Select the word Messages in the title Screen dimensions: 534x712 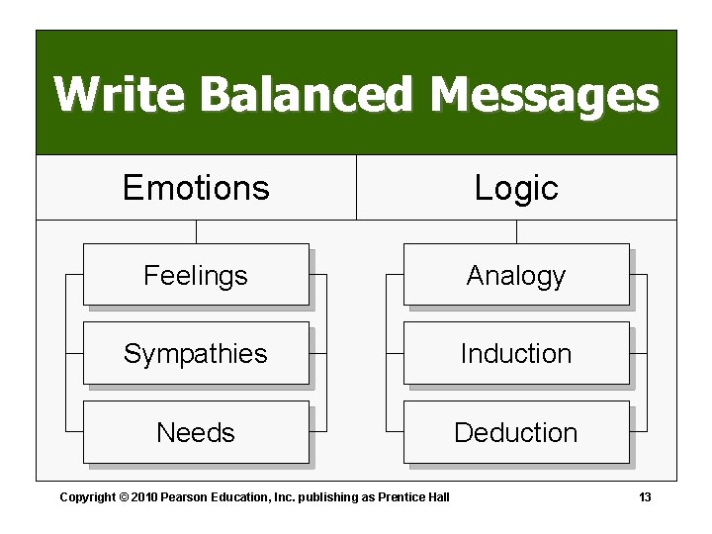[544, 96]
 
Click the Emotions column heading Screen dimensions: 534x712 [196, 187]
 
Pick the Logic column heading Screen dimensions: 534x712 [516, 187]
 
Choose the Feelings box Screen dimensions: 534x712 [196, 275]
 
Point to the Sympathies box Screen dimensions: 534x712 [196, 353]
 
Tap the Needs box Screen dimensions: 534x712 [196, 432]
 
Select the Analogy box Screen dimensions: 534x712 [516, 275]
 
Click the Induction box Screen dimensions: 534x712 [516, 353]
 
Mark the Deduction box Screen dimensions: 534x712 [516, 432]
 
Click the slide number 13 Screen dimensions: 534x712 [645, 496]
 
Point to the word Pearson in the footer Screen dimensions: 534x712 [185, 496]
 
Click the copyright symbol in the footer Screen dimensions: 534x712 [123, 496]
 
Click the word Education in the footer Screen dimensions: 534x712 [237, 496]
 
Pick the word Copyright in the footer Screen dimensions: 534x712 [87, 496]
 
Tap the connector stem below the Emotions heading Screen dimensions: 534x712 [196, 231]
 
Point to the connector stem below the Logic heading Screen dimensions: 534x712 [516, 231]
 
